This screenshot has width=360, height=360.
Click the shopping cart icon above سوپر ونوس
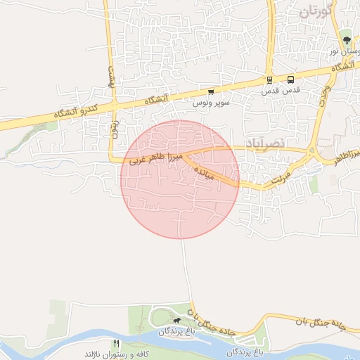pos(210,92)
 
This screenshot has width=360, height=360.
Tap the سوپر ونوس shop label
pos(210,103)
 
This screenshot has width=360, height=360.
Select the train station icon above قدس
pos(269,80)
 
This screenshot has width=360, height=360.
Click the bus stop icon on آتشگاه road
pos(291,79)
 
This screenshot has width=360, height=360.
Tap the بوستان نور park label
pos(345,51)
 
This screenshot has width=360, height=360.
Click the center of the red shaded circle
pos(180,179)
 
